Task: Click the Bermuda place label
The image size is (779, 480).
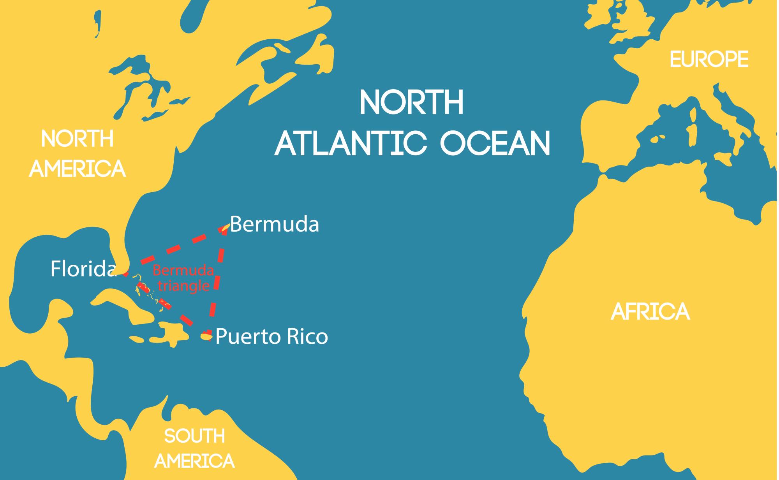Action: tap(275, 225)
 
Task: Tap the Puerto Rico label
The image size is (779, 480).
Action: tap(271, 337)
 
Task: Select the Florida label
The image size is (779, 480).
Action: tap(83, 269)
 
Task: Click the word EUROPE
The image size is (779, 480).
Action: tap(709, 60)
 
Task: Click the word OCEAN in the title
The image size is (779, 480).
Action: tap(495, 143)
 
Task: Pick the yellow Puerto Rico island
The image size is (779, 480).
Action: tap(206, 336)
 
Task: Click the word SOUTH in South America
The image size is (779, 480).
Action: tap(194, 436)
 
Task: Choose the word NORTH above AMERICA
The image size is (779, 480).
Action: tap(78, 139)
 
